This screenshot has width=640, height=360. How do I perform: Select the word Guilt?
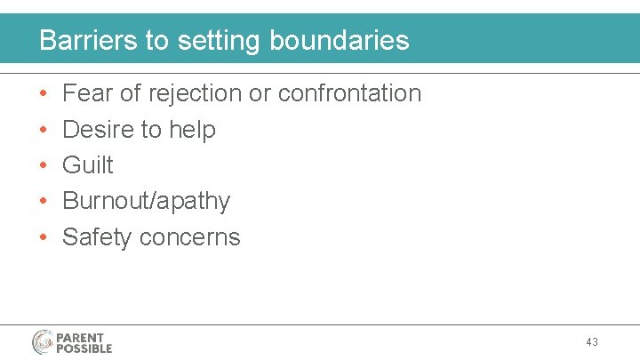[88, 165]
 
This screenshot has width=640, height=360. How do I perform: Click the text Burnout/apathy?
[146, 202]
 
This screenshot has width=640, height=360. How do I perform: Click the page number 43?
[592, 341]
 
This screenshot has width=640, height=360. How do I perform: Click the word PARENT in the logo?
[81, 337]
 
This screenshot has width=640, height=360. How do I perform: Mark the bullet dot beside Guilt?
[44, 166]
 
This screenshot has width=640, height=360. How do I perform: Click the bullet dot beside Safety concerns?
[44, 238]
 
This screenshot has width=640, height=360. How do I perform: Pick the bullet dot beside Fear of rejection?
[44, 94]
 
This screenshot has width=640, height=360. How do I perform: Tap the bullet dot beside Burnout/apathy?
[44, 202]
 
